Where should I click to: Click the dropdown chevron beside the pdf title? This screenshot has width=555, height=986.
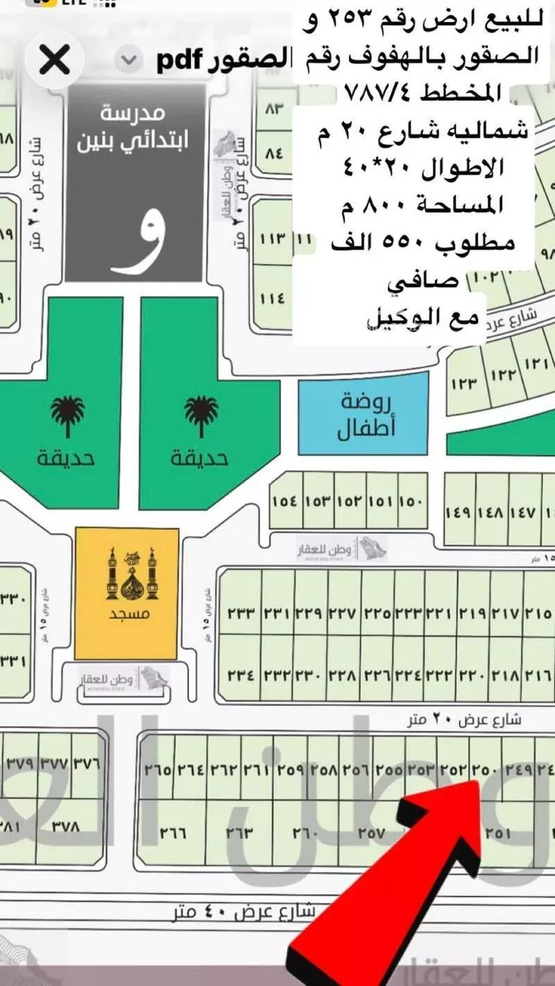click(x=129, y=60)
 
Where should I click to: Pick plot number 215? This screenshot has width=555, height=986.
click(x=539, y=612)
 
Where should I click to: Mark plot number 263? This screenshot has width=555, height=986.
click(x=240, y=833)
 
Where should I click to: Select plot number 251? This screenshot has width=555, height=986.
click(x=497, y=833)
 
